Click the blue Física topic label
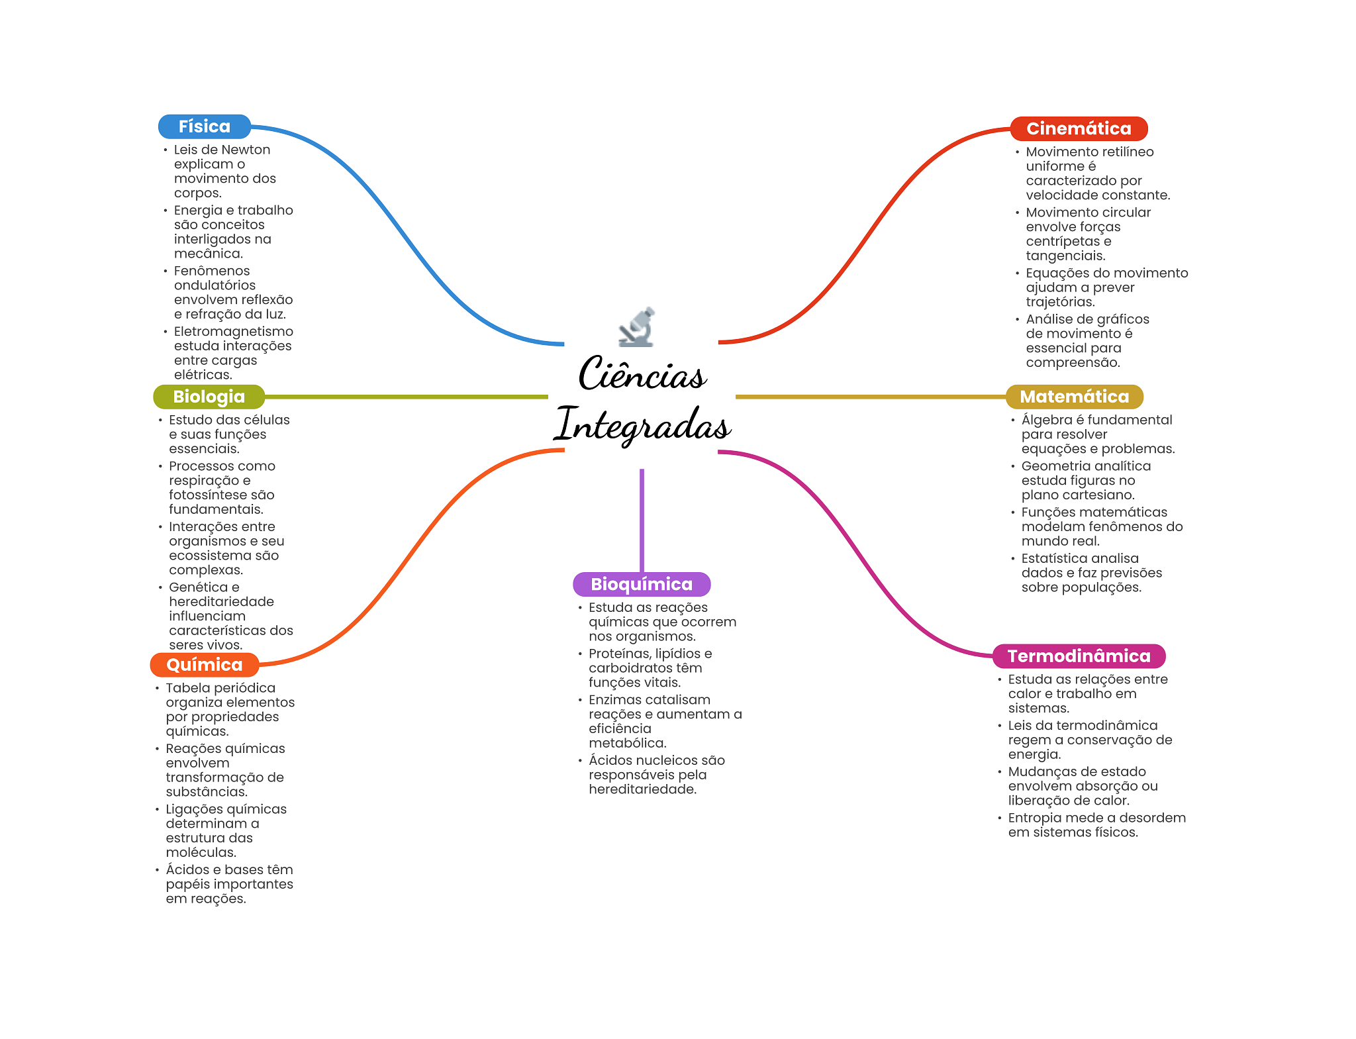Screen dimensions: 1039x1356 pos(204,126)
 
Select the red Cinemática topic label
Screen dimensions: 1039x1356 pos(1078,128)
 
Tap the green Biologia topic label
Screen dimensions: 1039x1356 pos(209,397)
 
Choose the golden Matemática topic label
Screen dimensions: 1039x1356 pos(1074,397)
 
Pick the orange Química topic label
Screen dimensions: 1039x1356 pos(204,665)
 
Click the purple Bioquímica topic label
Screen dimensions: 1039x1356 pos(641,584)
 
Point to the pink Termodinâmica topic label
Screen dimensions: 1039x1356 pos(1079,656)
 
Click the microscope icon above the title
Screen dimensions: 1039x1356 pos(637,327)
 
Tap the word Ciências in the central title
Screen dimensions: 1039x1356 pos(642,374)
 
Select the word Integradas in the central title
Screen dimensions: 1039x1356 pos(642,424)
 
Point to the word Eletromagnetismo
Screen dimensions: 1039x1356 pos(233,331)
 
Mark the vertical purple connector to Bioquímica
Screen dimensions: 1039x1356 pos(642,520)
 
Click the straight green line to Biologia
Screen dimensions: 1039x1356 pos(405,397)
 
